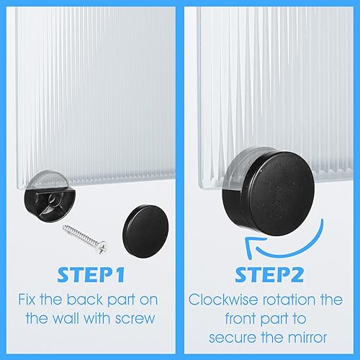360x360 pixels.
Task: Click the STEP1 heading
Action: (91, 274)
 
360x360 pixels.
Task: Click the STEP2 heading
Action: (269, 274)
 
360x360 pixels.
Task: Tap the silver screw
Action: (84, 239)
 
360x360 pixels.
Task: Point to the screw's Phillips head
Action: (102, 248)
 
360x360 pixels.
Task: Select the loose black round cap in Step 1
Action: (145, 231)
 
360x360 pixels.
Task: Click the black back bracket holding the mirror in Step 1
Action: (49, 204)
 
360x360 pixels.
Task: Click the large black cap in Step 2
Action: (269, 192)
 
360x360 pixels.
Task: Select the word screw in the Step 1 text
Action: (135, 319)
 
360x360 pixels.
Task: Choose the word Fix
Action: (27, 300)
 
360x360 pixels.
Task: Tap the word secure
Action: (233, 338)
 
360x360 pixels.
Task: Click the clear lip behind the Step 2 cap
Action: (240, 168)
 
